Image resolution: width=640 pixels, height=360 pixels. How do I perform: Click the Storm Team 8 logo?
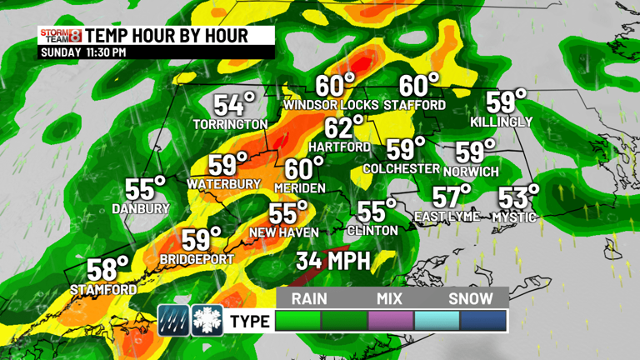61,36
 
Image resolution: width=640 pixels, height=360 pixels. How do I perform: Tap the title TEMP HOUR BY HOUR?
167,35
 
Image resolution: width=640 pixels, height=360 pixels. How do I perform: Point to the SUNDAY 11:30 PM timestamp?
83,52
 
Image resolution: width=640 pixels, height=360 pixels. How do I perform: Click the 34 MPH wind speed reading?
332,261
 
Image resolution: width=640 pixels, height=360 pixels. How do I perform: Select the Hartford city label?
339,147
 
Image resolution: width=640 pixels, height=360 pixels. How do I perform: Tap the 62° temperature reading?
344,128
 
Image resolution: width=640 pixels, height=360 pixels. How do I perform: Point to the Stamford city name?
103,289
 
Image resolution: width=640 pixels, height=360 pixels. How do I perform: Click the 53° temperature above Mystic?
518,198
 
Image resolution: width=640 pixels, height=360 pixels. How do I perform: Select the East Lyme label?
447,217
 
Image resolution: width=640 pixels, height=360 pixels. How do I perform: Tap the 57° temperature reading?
452,197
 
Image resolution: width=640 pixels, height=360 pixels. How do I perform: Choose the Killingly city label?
501,122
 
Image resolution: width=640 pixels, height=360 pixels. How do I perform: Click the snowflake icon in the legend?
207,320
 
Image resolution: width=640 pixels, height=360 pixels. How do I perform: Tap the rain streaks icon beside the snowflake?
173,320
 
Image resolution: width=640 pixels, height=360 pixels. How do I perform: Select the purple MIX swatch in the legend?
390,321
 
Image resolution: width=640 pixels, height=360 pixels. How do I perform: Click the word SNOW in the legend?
471,298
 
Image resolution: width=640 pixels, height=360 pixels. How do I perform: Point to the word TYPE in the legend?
250,322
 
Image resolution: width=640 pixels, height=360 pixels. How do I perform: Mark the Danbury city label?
141,208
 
